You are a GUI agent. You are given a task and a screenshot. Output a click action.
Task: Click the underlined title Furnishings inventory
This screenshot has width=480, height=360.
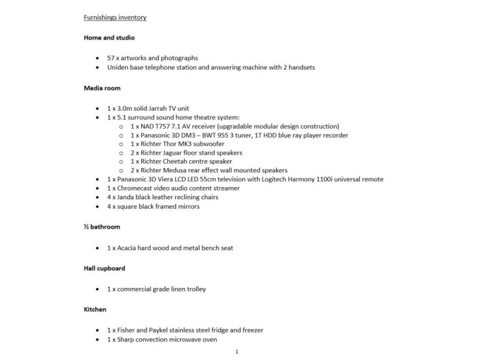[115, 17]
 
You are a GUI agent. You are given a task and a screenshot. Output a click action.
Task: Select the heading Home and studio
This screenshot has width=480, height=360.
[109, 38]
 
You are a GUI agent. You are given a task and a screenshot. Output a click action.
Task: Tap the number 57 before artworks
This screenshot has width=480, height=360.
[111, 58]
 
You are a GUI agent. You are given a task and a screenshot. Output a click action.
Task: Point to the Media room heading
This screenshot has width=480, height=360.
[103, 88]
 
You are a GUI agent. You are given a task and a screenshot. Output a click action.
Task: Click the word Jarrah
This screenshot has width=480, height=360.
[160, 108]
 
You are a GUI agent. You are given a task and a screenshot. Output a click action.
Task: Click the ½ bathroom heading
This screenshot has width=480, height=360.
[103, 227]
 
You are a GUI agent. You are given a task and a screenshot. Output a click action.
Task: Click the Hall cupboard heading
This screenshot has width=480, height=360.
[104, 268]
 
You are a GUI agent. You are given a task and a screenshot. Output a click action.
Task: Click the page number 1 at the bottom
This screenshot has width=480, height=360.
[238, 352]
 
